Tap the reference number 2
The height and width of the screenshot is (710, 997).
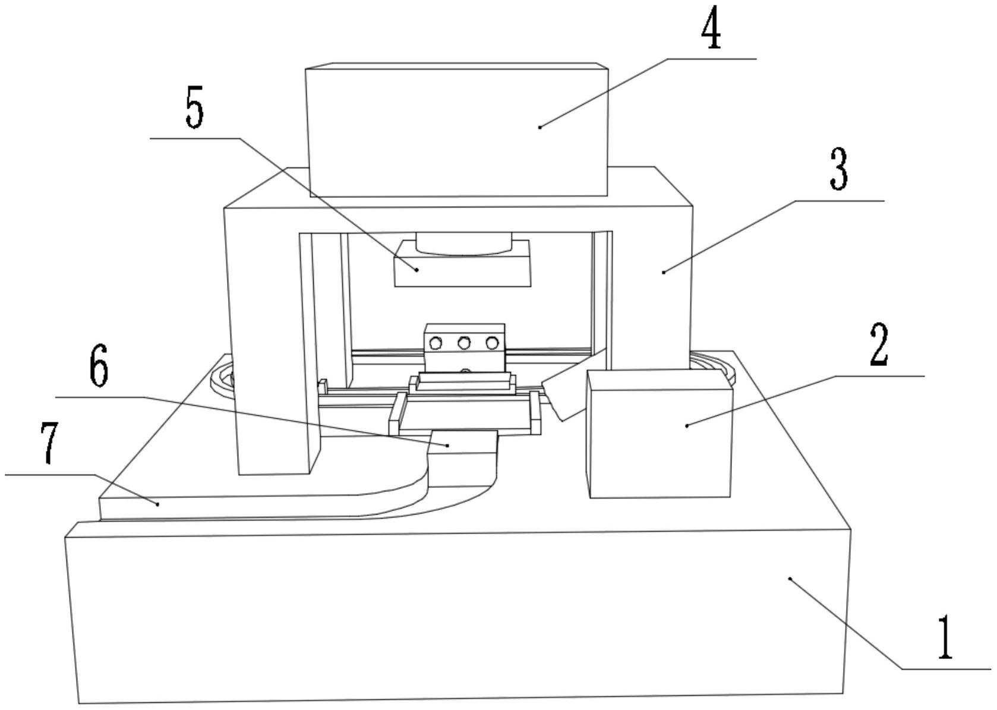click(879, 345)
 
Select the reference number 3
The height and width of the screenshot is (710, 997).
click(838, 169)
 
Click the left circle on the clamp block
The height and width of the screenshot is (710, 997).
click(436, 343)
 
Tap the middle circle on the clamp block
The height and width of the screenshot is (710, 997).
click(463, 343)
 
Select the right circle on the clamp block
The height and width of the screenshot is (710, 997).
click(491, 343)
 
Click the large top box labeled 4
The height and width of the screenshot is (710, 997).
click(456, 131)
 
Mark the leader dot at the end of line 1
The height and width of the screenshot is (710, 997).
click(790, 578)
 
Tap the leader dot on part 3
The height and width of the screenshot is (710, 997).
click(663, 272)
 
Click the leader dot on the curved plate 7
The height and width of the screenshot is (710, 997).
click(158, 504)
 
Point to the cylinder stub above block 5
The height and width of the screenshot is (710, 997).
click(463, 242)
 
